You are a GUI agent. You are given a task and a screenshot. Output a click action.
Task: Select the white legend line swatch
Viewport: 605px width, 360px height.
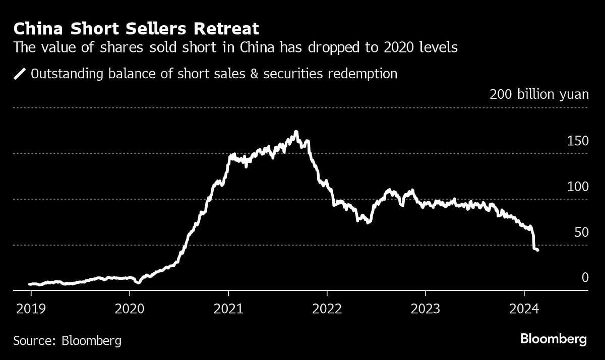pyautogui.click(x=20, y=74)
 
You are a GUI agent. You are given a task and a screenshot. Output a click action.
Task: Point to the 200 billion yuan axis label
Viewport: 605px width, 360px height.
pyautogui.click(x=539, y=94)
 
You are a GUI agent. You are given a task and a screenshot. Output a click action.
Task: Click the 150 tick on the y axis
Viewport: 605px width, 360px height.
pyautogui.click(x=578, y=141)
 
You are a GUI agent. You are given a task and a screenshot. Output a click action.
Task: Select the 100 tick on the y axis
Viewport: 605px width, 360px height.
pyautogui.click(x=578, y=187)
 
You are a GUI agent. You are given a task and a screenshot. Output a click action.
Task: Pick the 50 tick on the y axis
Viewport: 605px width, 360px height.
pyautogui.click(x=581, y=232)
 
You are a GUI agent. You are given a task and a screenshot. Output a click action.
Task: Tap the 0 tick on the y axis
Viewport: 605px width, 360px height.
pyautogui.click(x=585, y=278)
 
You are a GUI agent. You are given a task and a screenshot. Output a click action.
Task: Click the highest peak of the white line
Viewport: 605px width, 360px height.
pyautogui.click(x=296, y=132)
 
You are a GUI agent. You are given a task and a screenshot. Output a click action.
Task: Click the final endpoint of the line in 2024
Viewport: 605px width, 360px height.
pyautogui.click(x=537, y=250)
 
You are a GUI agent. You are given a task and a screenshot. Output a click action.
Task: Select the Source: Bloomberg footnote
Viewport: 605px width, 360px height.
pyautogui.click(x=67, y=341)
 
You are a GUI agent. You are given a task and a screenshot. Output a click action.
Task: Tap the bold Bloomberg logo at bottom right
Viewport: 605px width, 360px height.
pyautogui.click(x=553, y=339)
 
